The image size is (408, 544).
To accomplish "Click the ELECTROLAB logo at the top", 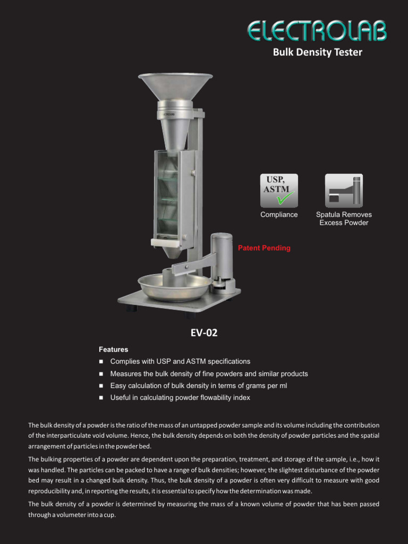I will tap(317, 31).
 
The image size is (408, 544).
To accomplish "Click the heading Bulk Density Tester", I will tap(317, 52).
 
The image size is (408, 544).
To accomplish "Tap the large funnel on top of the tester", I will tap(175, 85).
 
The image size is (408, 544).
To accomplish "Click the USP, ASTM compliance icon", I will tap(279, 190).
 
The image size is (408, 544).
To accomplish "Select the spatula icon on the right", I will tap(344, 190).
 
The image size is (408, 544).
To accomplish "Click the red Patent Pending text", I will tap(264, 248).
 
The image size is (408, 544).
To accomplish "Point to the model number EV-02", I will tap(204, 333).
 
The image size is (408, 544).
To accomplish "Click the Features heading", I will tap(113, 350).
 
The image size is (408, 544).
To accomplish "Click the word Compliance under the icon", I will tap(279, 215).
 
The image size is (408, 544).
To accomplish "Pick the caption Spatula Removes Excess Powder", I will tap(344, 218).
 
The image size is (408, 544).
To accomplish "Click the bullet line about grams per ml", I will tap(198, 386).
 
